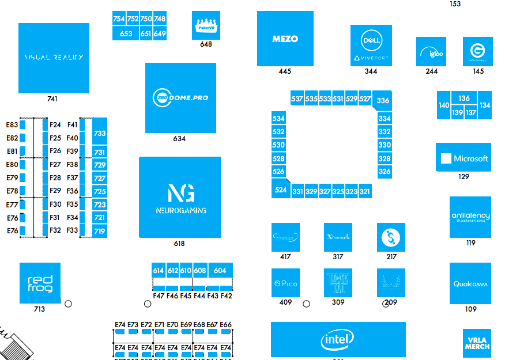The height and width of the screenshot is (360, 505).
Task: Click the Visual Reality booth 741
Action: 54,58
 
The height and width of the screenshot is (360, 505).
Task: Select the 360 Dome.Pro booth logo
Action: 180,97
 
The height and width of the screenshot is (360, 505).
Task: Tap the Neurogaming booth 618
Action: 180,197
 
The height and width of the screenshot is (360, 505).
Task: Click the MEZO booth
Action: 285,39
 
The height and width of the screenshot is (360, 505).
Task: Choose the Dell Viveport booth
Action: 371,46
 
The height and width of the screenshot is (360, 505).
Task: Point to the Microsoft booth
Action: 463,158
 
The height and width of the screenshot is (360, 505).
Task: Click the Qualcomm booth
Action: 470,283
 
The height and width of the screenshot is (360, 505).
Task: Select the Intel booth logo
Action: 338,340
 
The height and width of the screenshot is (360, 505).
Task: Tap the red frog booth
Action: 40,283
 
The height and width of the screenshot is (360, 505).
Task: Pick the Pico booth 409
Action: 285,283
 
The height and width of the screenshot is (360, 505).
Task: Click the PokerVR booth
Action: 206,25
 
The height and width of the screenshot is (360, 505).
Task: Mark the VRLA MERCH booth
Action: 477,343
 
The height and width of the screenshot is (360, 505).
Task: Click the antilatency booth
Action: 470,217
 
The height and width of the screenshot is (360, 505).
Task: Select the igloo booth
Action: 431,52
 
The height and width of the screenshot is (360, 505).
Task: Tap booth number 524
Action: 281,190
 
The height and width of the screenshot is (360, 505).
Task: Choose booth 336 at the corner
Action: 383,100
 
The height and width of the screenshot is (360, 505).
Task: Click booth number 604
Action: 220,270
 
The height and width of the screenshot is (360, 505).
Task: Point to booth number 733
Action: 100,133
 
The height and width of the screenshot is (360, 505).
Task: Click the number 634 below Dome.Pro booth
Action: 179,139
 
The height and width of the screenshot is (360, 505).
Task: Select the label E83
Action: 12,124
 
